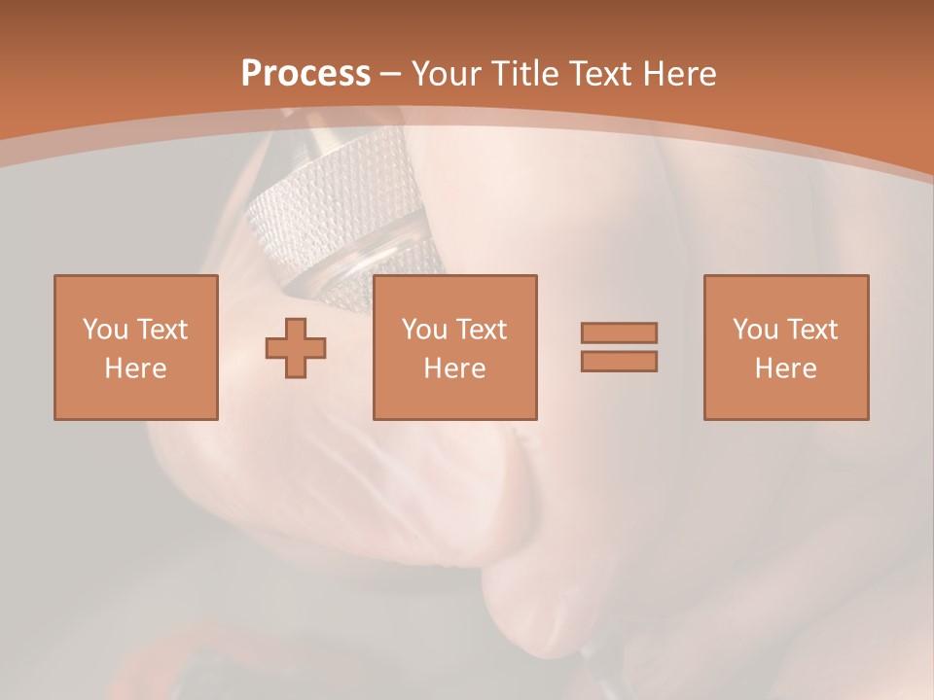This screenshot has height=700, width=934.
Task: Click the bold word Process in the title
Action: pyautogui.click(x=305, y=73)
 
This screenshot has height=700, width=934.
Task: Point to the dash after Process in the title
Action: pyautogui.click(x=390, y=74)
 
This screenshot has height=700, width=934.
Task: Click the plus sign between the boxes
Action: pyautogui.click(x=296, y=348)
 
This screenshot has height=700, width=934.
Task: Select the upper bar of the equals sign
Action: pyautogui.click(x=619, y=332)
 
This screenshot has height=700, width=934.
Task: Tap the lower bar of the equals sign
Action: pyautogui.click(x=619, y=361)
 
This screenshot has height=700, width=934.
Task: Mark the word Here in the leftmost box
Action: pyautogui.click(x=135, y=368)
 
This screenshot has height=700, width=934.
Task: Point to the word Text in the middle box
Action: pyautogui.click(x=480, y=330)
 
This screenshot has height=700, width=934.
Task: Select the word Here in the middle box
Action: pyautogui.click(x=454, y=368)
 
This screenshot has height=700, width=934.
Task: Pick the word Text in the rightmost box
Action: pyautogui.click(x=810, y=330)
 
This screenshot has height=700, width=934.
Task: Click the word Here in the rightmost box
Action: pyautogui.click(x=785, y=368)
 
